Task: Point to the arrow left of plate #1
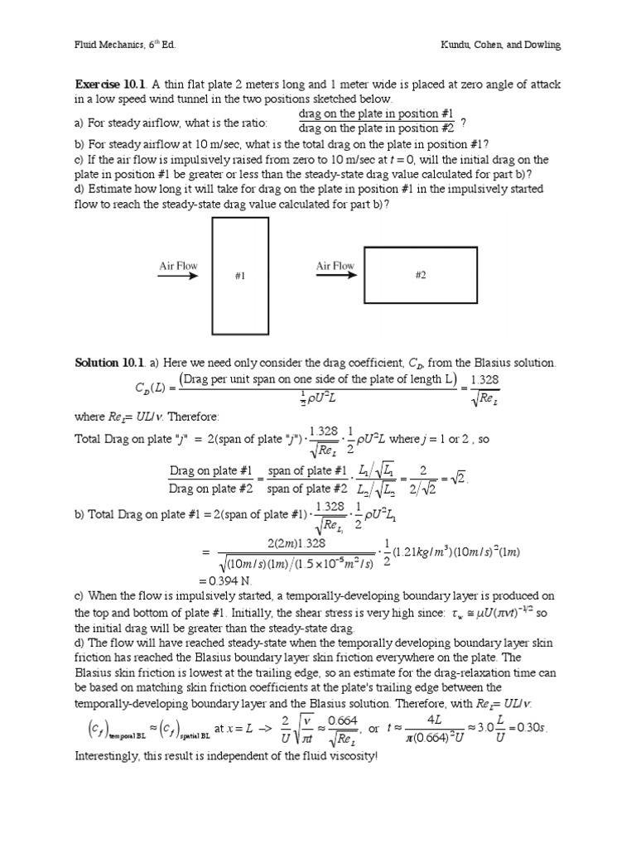(x=179, y=277)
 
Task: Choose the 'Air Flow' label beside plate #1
(x=179, y=266)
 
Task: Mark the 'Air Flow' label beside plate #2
(x=335, y=266)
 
